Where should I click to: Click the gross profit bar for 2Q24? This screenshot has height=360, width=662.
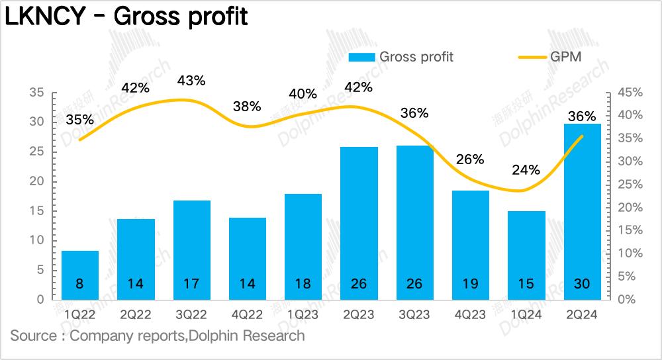[x=582, y=212]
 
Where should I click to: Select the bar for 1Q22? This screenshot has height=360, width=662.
[x=80, y=275]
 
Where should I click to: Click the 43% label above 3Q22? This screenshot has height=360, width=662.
[x=191, y=81]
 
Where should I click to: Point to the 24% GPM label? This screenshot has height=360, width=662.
[x=526, y=169]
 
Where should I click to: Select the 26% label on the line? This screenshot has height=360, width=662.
[x=471, y=159]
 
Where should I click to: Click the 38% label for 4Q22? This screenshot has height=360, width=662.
[x=247, y=106]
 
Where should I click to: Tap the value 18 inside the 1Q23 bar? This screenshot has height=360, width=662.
[x=303, y=285]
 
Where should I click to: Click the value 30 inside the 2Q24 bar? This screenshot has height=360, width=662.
[x=582, y=285]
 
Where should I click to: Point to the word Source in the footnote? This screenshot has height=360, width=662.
[x=33, y=336]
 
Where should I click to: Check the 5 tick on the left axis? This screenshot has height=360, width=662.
[x=40, y=270]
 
